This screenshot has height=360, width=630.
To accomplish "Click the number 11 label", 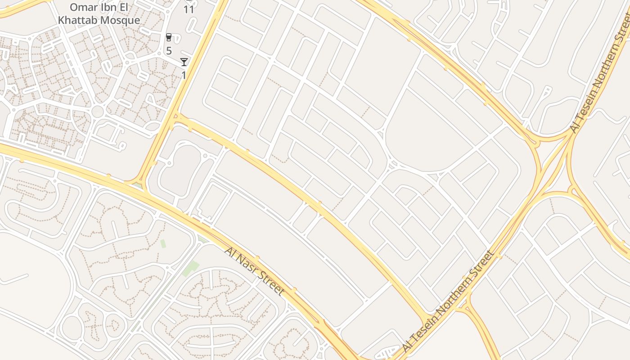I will coord(189,9).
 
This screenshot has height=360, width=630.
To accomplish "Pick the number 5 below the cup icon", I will coord(169,50).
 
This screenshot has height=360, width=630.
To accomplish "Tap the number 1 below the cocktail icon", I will coord(184,75).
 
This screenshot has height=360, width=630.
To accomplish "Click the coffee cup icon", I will coord(169,37).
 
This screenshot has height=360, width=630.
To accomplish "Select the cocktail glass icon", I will coord(184,62).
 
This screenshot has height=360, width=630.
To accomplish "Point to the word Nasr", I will coord(246,265).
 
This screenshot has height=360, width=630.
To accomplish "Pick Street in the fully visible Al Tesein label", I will coord(485,263).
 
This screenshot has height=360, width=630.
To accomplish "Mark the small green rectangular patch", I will coord(163,243).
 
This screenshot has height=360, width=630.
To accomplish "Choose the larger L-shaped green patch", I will coord(191,268).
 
